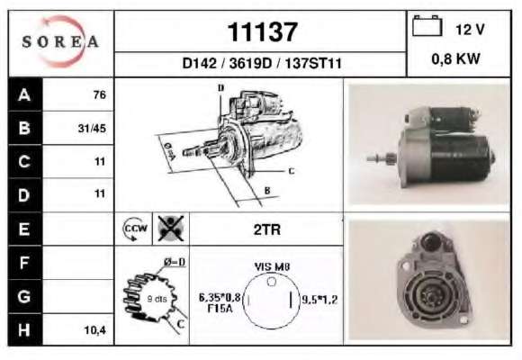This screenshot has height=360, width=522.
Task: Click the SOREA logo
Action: (x=60, y=41)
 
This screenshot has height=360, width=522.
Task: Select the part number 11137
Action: (x=262, y=32)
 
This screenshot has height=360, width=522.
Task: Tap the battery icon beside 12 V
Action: (x=427, y=25)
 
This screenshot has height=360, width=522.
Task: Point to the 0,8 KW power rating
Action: (x=455, y=58)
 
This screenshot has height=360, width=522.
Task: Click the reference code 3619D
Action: (x=250, y=63)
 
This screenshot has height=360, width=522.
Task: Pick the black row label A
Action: (x=24, y=94)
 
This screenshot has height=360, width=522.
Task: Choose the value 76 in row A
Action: (x=100, y=94)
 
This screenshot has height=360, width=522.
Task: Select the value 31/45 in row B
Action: (x=92, y=128)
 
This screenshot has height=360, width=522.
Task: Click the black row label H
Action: (x=24, y=330)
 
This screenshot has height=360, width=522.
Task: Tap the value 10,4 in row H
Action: (x=94, y=330)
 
